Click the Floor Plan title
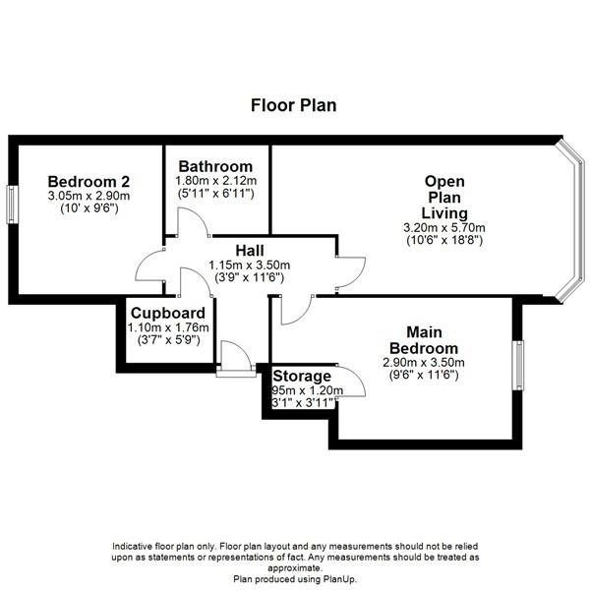293,105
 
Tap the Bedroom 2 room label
88,182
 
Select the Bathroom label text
215,166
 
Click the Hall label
250,251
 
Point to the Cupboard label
168,313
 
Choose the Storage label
302,376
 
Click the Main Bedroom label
424,340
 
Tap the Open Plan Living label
444,198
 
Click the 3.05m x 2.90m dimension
88,196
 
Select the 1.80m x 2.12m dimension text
216,181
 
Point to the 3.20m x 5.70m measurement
444,228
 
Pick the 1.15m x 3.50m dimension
250,265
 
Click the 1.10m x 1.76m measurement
168,327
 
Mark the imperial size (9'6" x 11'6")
424,376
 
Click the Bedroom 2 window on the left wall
12,205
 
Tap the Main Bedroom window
518,366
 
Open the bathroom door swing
193,222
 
